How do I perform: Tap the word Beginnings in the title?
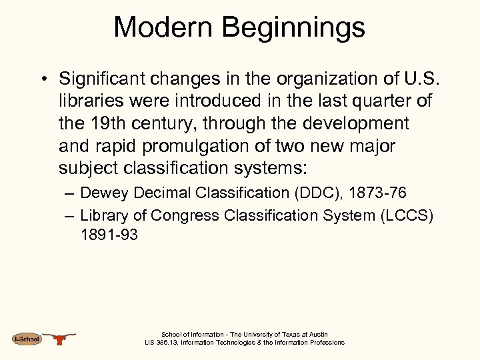[293, 28]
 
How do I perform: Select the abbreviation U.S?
[421, 79]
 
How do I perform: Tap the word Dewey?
[105, 193]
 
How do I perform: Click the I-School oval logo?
[27, 339]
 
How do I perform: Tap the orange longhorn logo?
[61, 339]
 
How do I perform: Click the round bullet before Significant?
[43, 79]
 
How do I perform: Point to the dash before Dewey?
[69, 193]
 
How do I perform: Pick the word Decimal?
[161, 193]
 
